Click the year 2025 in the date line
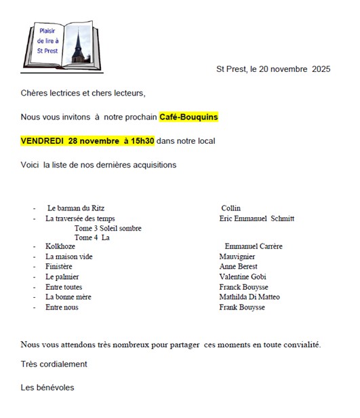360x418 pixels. (x=321, y=69)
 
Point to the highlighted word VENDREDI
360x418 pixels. (x=42, y=141)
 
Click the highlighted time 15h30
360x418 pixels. (x=142, y=141)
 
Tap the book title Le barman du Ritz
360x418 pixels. (x=76, y=208)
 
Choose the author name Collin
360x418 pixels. (x=231, y=208)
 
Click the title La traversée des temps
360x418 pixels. (x=80, y=218)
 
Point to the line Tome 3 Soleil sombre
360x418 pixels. (x=108, y=228)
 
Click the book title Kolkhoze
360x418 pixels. (x=60, y=246)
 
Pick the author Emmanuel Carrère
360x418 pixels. (x=253, y=246)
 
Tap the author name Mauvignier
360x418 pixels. (x=238, y=256)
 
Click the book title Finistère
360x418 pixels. (x=59, y=267)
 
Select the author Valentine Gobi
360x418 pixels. (x=243, y=277)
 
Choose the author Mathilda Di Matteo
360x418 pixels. (x=249, y=297)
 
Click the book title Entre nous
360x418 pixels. (x=62, y=307)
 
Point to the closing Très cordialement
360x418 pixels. (x=54, y=364)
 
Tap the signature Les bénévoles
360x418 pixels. (x=47, y=387)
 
